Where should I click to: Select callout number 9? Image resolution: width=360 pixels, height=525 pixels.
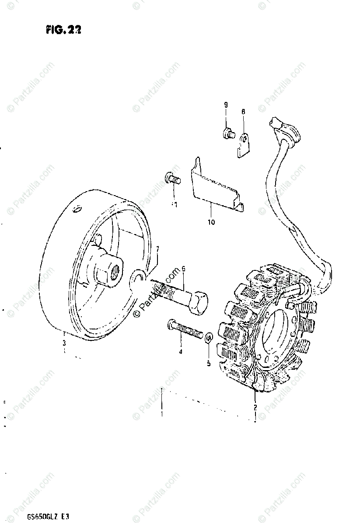click(226, 105)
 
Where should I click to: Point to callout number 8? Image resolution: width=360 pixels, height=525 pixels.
click(243, 112)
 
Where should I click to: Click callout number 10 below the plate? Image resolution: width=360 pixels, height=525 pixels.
click(211, 222)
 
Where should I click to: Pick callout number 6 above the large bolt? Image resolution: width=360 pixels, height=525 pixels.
click(184, 269)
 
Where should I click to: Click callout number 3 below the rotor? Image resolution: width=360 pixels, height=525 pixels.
click(64, 343)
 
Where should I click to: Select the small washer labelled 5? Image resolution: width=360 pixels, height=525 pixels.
click(209, 337)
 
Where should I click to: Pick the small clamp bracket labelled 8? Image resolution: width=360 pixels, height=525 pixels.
click(245, 144)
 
